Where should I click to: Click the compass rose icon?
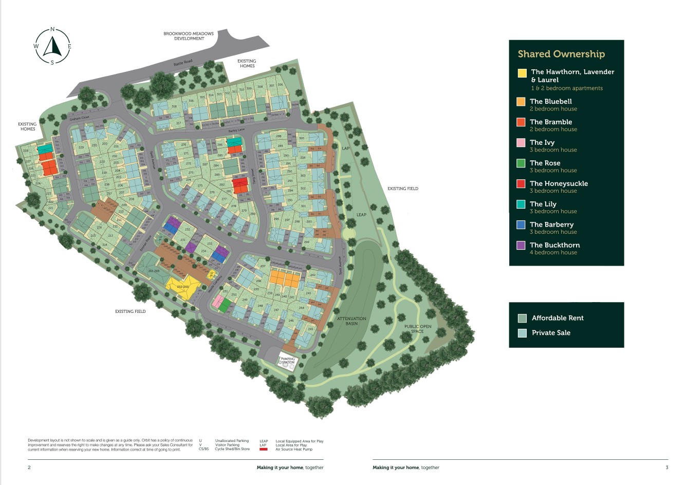(x=52, y=46)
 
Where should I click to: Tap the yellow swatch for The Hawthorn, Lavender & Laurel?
(x=522, y=73)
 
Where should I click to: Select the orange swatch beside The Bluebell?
(x=521, y=102)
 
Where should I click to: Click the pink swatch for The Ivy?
(x=521, y=143)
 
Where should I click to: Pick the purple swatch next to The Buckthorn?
(x=521, y=246)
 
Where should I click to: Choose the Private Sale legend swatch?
(x=522, y=333)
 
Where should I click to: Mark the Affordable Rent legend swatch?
(x=522, y=318)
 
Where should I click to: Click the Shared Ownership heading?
(x=561, y=54)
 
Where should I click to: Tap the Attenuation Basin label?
(x=351, y=321)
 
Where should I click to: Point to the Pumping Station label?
(x=288, y=361)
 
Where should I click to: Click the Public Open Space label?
(x=417, y=329)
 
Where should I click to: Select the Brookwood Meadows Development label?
(x=189, y=36)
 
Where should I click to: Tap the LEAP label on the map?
(x=361, y=215)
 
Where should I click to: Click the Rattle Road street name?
(x=182, y=64)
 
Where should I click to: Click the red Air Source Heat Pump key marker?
(x=264, y=450)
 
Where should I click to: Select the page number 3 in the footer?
(x=667, y=468)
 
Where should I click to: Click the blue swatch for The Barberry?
(x=521, y=225)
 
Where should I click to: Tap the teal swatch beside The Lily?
(x=521, y=204)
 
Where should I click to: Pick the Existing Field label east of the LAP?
(x=402, y=189)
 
